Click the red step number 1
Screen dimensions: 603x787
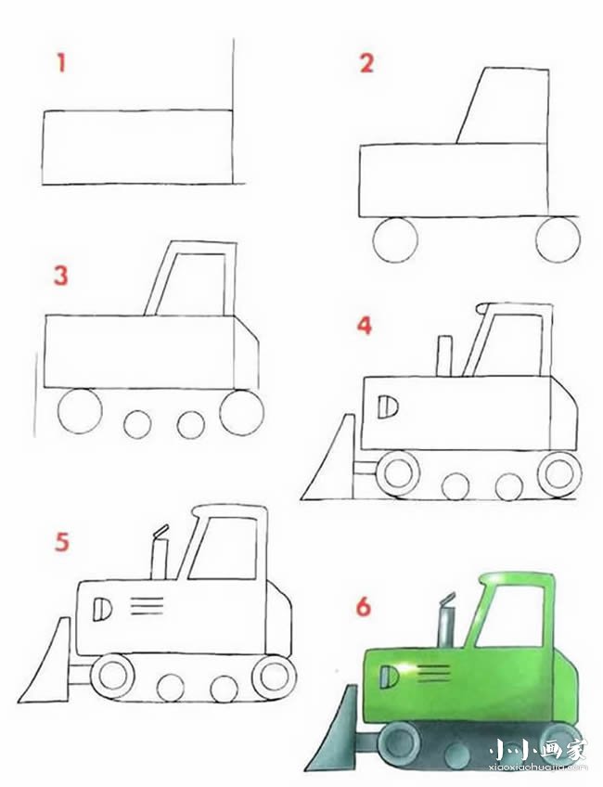(x=62, y=63)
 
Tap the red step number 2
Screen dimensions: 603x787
(x=366, y=64)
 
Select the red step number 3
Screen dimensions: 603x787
(x=60, y=276)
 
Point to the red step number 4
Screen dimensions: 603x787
(x=365, y=325)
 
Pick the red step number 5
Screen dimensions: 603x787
(x=62, y=542)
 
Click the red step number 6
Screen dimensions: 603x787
(x=364, y=606)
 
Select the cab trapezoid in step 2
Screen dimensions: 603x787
(x=503, y=106)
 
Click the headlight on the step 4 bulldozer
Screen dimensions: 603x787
(x=387, y=407)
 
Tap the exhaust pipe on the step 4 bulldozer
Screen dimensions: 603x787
(x=444, y=355)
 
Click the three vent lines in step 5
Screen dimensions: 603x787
(x=147, y=606)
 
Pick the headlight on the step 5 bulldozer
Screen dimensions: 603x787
(x=102, y=610)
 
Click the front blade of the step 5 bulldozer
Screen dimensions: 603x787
(x=45, y=662)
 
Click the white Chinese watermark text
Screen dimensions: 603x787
(x=537, y=751)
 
